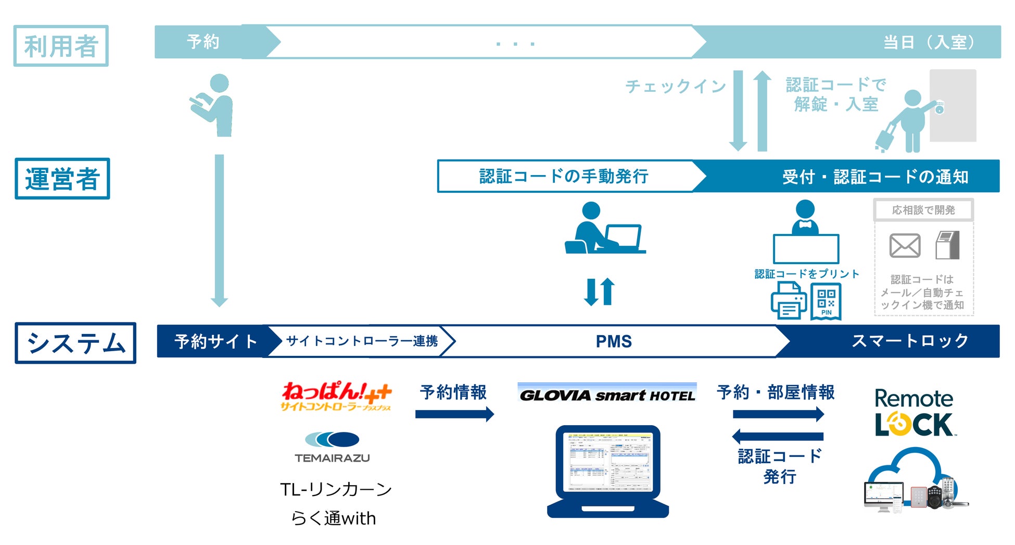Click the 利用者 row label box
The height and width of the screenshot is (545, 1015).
click(61, 46)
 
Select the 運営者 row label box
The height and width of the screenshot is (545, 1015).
click(62, 179)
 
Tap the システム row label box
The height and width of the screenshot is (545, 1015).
click(75, 343)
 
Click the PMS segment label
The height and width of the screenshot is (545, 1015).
click(613, 341)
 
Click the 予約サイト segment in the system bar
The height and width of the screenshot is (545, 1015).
click(215, 341)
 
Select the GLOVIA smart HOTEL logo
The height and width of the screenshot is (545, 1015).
click(607, 394)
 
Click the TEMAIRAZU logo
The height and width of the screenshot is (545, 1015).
click(332, 447)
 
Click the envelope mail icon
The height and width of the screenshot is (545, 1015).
click(905, 245)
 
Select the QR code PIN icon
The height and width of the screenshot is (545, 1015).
click(826, 301)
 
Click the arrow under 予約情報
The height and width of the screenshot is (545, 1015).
click(454, 415)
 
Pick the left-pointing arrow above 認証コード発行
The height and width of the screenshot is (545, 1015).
click(778, 436)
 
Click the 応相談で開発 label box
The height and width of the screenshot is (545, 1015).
click(923, 210)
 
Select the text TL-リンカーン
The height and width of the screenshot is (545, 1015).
click(336, 489)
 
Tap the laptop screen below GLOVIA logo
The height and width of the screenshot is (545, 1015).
click(608, 461)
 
